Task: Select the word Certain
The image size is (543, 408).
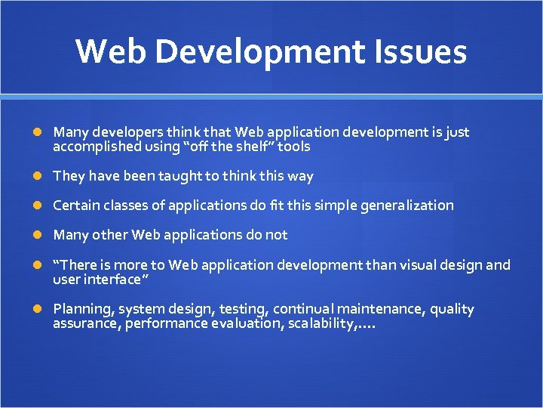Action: pyautogui.click(x=76, y=206)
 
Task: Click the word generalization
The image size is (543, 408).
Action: pyautogui.click(x=405, y=206)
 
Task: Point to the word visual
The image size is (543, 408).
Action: pyautogui.click(x=426, y=264)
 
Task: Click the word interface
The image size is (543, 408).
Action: pyautogui.click(x=111, y=280)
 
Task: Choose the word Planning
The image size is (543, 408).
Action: pyautogui.click(x=80, y=309)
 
